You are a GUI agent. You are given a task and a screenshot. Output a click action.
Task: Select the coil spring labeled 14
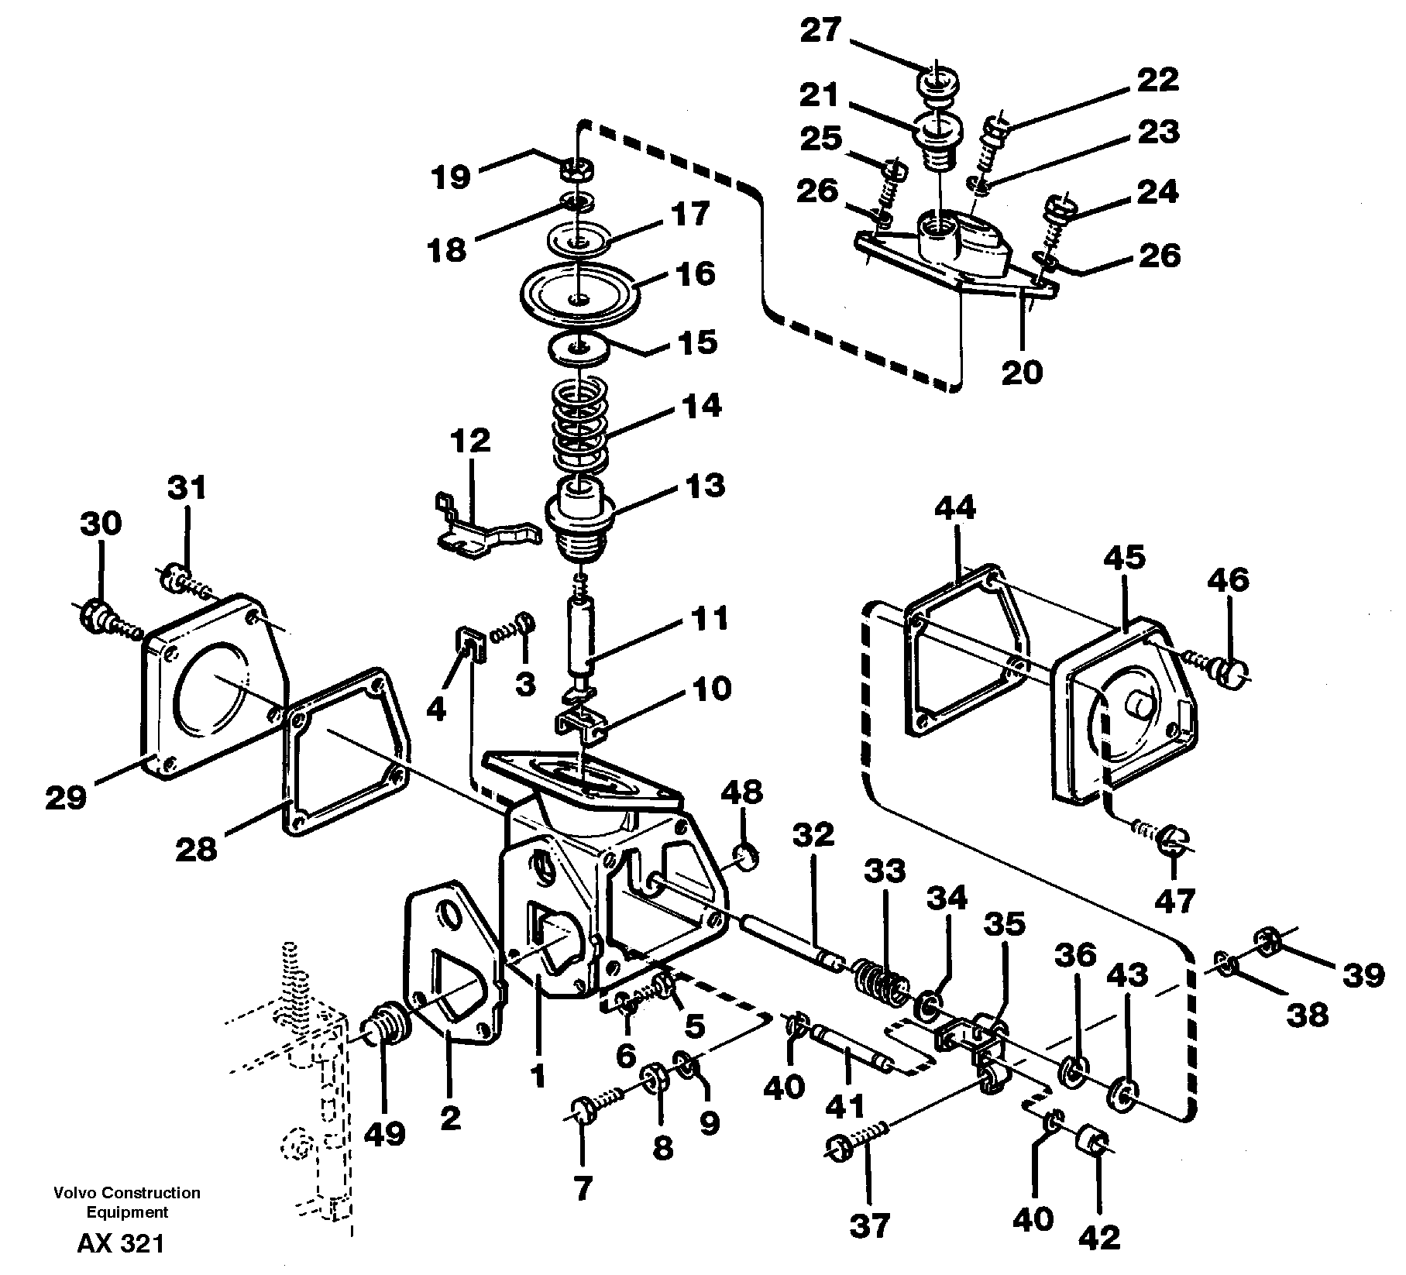pyautogui.click(x=580, y=426)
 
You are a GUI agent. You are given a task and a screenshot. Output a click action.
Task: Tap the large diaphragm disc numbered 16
pyautogui.click(x=579, y=296)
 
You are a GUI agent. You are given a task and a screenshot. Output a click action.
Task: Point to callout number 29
pyautogui.click(x=65, y=797)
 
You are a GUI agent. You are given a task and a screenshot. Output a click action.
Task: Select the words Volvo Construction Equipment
pyautogui.click(x=127, y=1202)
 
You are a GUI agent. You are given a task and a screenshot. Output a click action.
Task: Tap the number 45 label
pyautogui.click(x=1124, y=558)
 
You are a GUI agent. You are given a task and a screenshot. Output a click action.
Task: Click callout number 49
pyautogui.click(x=384, y=1134)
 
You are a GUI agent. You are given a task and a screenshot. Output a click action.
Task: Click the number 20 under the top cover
pyautogui.click(x=1022, y=373)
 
